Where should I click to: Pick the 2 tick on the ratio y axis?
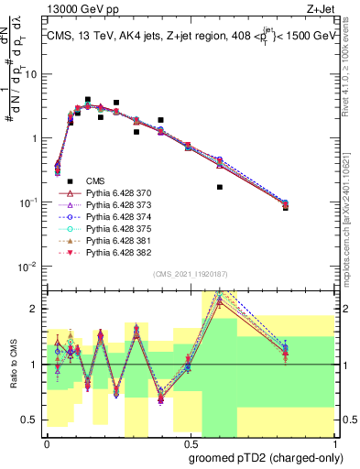click(38, 309)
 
